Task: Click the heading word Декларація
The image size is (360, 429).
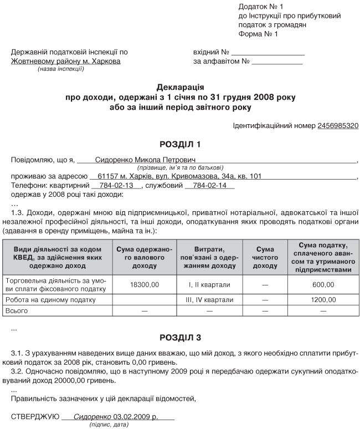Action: point(181,88)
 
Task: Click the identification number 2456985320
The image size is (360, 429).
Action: point(338,126)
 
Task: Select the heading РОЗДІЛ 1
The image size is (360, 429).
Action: point(180,145)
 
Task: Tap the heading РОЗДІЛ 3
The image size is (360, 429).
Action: point(180,337)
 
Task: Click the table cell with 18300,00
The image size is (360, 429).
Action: point(145,284)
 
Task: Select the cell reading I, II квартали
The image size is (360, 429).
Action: point(208,284)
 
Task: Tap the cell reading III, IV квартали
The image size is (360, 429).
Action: point(208,300)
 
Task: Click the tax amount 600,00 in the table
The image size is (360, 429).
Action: point(323,284)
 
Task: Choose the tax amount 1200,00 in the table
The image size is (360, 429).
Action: point(323,300)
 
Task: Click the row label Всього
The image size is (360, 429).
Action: point(16,311)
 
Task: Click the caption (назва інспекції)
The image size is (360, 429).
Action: point(61,69)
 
